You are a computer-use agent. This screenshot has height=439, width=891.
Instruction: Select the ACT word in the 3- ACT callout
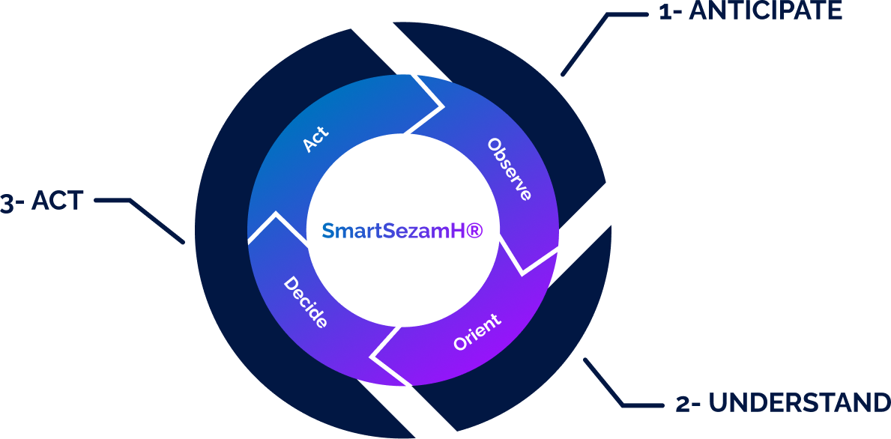(57, 202)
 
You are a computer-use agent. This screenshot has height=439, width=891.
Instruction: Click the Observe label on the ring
(510, 169)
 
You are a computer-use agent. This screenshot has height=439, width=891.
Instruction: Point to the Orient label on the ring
(477, 333)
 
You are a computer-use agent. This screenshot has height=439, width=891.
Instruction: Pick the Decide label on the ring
(305, 303)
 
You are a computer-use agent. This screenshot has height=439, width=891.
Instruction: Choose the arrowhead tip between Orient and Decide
(374, 356)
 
